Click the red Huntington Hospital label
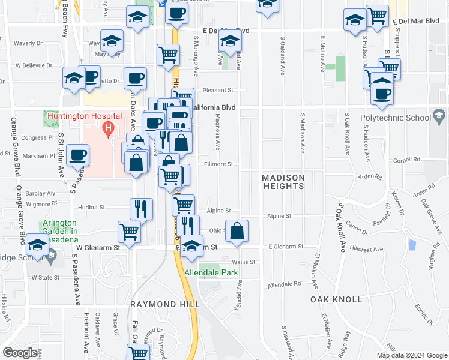[82, 115]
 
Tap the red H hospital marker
[108, 127]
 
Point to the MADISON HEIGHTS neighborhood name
[283, 182]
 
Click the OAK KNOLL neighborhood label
[336, 299]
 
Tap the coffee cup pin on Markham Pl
[77, 155]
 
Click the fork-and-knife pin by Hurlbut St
[141, 209]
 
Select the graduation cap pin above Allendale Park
[191, 247]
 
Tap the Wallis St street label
[244, 262]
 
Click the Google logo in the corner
[20, 352]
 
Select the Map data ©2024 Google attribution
[411, 355]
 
